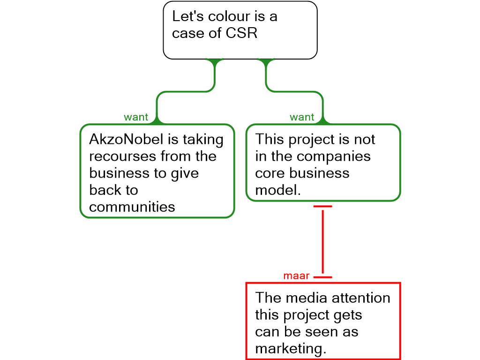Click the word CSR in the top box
pos(242,34)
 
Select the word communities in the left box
pos(132,207)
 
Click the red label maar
pos(296,276)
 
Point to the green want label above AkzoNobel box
pos(136,118)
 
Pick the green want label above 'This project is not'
pos(302,118)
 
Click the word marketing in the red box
pos(290,349)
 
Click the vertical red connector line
pos(322,241)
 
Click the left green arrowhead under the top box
pos(215,62)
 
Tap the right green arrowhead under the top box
pos(266,62)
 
